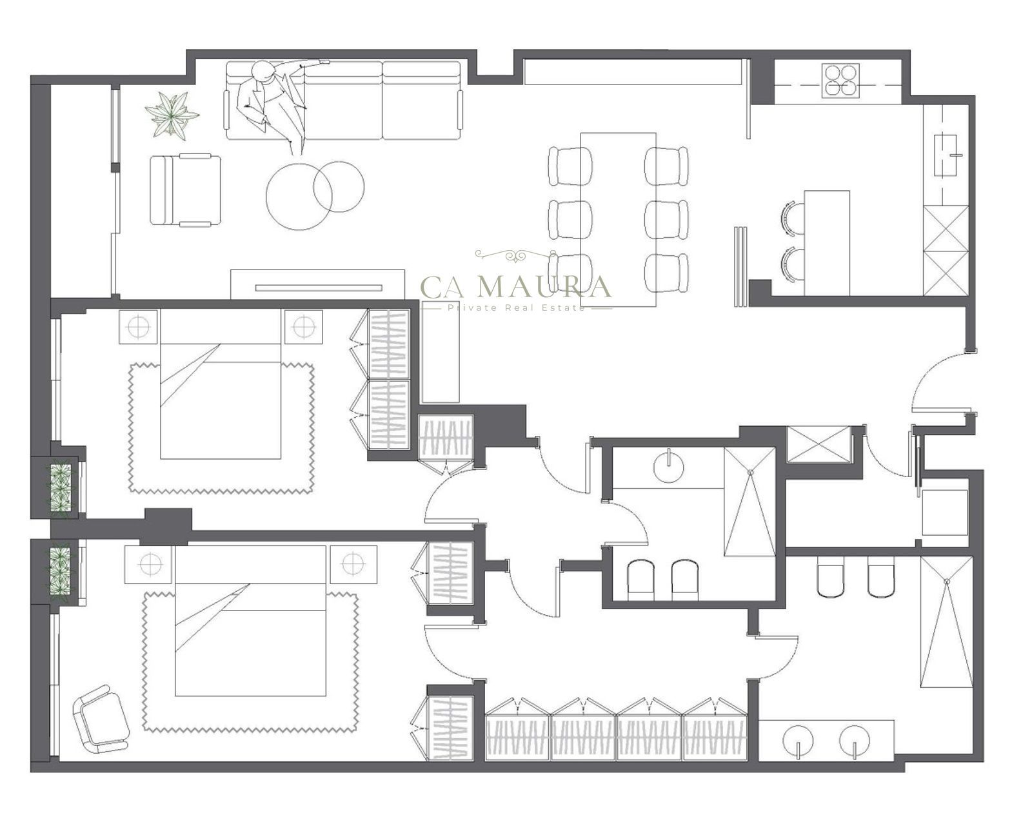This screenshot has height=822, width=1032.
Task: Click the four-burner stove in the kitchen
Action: click(840, 81)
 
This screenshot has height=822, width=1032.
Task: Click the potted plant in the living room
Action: click(171, 115)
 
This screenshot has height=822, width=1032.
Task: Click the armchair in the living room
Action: click(185, 190)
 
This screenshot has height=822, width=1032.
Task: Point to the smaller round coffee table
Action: click(338, 186)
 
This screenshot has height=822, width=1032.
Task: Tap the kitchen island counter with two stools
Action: click(827, 243)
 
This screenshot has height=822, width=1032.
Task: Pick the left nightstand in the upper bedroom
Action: click(138, 326)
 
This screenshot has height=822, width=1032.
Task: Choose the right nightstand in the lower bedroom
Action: click(353, 564)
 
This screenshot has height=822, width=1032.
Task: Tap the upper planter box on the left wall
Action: click(61, 487)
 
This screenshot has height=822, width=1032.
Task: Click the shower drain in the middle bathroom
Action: click(751, 473)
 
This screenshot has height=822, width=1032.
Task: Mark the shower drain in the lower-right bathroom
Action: click(947, 581)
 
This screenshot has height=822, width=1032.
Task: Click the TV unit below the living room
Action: click(317, 285)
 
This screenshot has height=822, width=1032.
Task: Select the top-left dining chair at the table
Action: click(570, 166)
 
